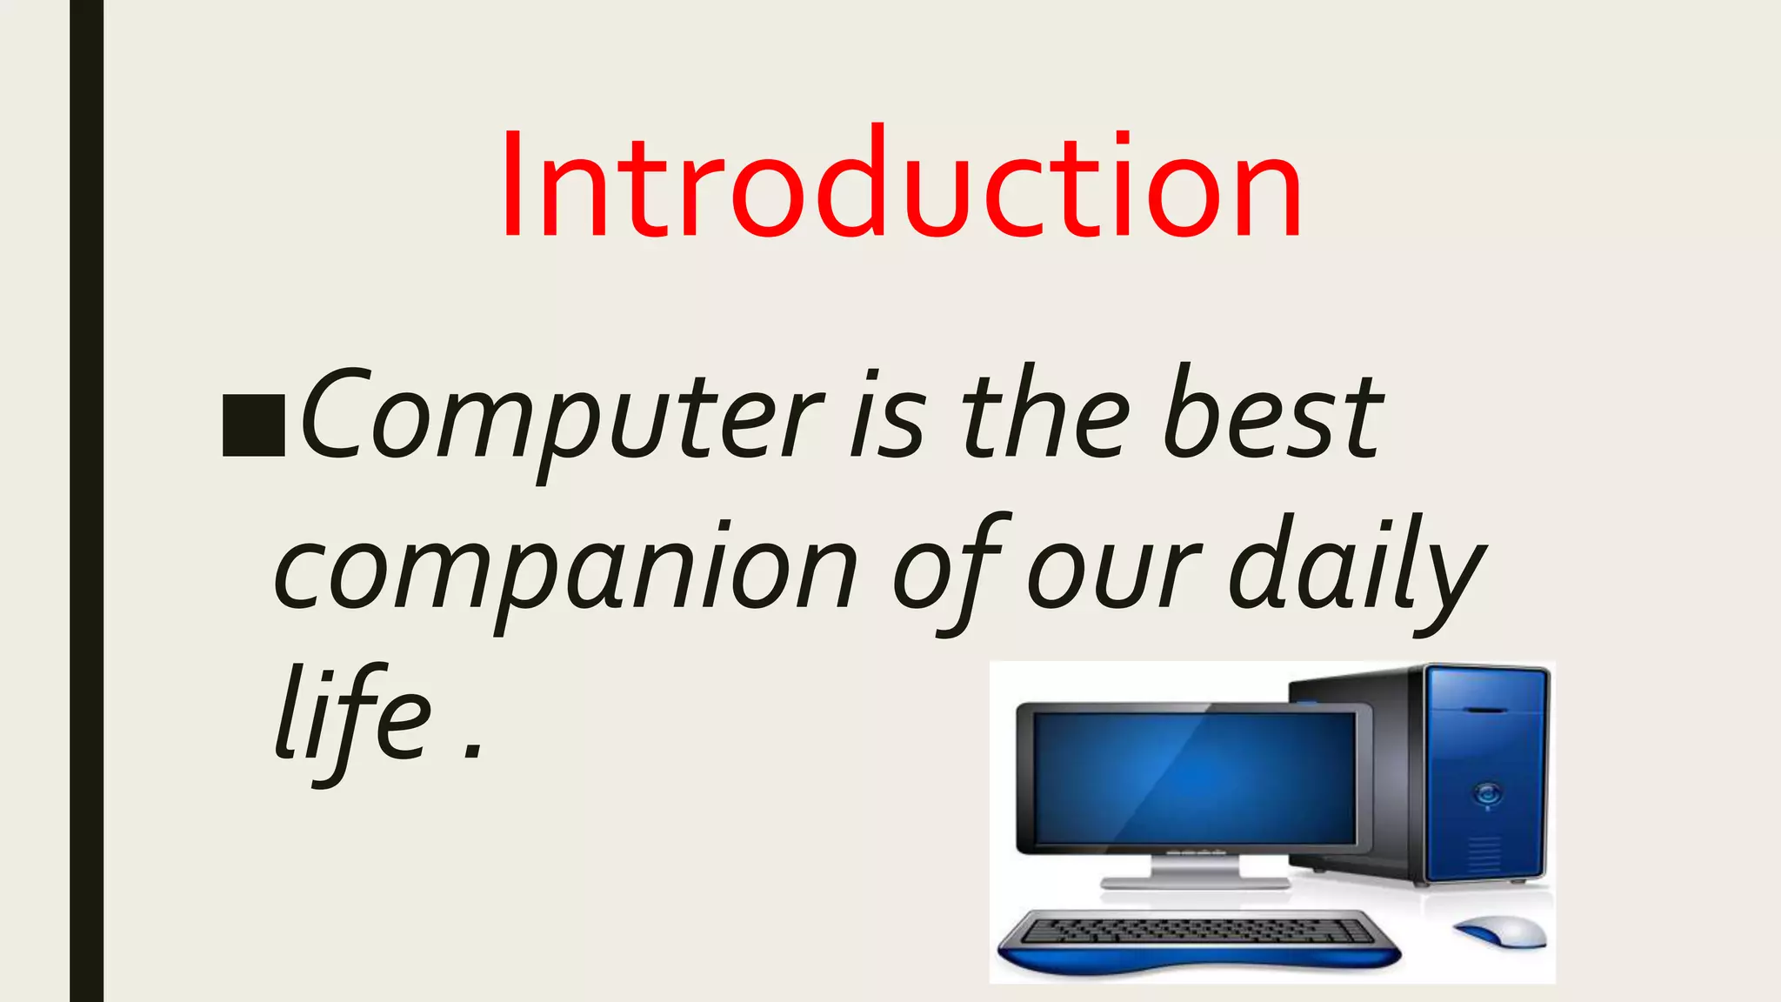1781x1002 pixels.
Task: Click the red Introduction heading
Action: pyautogui.click(x=901, y=184)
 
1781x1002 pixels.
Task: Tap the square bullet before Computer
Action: pyautogui.click(x=253, y=425)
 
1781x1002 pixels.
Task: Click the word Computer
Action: pyautogui.click(x=561, y=416)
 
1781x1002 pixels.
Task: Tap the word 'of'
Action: pyautogui.click(x=950, y=570)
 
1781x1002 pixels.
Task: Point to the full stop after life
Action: pyautogui.click(x=472, y=750)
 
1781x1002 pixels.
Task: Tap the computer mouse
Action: pyautogui.click(x=1501, y=931)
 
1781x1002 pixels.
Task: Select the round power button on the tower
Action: pyautogui.click(x=1486, y=792)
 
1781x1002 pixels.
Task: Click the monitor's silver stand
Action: pyautogui.click(x=1196, y=870)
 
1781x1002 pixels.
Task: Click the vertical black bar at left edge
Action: pyautogui.click(x=86, y=501)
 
